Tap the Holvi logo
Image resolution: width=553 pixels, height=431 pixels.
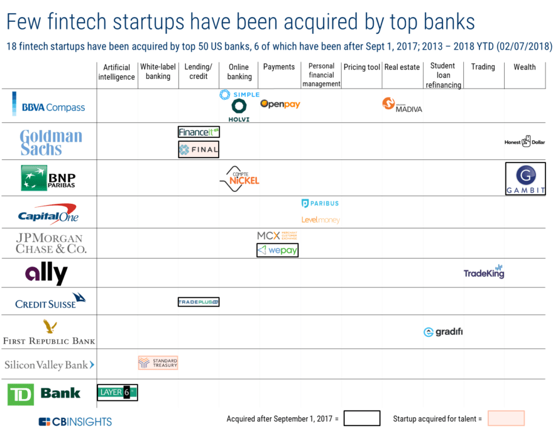pyautogui.click(x=239, y=110)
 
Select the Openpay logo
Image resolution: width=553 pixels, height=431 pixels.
pyautogui.click(x=280, y=104)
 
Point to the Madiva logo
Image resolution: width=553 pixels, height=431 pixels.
pyautogui.click(x=402, y=105)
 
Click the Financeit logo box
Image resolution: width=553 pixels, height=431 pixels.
pyautogui.click(x=199, y=132)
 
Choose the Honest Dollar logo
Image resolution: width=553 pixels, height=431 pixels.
pyautogui.click(x=525, y=141)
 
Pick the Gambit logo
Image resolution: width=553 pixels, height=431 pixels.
pyautogui.click(x=525, y=179)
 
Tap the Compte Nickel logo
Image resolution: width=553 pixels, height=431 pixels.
pyautogui.click(x=239, y=179)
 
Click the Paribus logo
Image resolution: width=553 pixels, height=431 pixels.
pyautogui.click(x=320, y=203)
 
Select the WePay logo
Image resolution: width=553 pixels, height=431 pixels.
pyautogui.click(x=278, y=250)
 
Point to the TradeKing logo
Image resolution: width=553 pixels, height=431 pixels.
pyautogui.click(x=484, y=272)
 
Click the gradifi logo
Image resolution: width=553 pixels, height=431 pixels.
pyautogui.click(x=443, y=332)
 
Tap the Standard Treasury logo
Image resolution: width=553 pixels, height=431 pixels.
pyautogui.click(x=158, y=363)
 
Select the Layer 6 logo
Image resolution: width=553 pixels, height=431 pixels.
pyautogui.click(x=117, y=393)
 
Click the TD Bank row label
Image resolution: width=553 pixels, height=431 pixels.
pyautogui.click(x=45, y=394)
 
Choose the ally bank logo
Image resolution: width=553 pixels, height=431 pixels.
pyautogui.click(x=47, y=274)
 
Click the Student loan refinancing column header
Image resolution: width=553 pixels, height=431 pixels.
pyautogui.click(x=443, y=75)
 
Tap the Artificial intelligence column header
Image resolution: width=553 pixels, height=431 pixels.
pyautogui.click(x=116, y=72)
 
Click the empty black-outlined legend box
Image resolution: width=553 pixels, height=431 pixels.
pyautogui.click(x=361, y=418)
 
